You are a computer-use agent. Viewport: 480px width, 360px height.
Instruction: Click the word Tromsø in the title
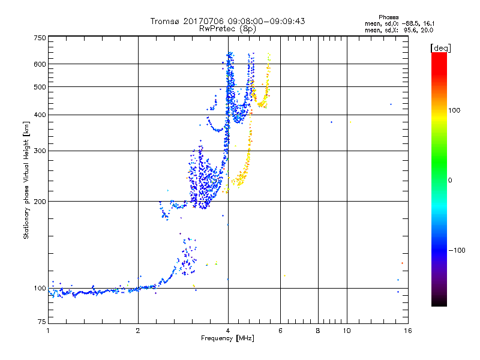click(166, 21)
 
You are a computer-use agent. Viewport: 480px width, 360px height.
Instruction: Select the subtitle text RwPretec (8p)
click(227, 29)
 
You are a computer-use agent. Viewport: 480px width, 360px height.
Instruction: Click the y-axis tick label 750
click(40, 38)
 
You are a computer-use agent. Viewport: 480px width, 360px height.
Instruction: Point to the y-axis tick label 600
click(40, 64)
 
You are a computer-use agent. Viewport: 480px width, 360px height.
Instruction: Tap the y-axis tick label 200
click(40, 202)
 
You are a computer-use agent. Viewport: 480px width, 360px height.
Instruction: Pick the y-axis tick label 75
click(42, 322)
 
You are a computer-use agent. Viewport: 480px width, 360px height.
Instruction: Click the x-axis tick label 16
click(408, 331)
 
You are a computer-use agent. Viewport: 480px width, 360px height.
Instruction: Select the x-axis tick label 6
click(280, 331)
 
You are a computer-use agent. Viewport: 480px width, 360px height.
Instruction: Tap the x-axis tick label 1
click(48, 331)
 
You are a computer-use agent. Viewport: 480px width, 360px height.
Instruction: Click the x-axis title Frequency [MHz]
click(227, 338)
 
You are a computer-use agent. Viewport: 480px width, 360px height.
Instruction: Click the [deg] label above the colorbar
click(441, 49)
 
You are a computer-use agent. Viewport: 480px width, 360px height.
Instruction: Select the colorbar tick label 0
click(450, 181)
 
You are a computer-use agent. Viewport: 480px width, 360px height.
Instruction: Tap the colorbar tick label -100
click(457, 250)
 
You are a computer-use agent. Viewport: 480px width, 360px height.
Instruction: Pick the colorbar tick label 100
click(454, 110)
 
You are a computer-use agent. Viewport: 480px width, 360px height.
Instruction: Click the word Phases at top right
click(388, 17)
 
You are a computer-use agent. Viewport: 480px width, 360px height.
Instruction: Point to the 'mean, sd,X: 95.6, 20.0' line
click(399, 31)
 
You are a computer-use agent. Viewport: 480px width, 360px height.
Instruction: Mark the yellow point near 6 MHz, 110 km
click(284, 276)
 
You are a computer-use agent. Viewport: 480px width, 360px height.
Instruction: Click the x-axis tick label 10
click(347, 331)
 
